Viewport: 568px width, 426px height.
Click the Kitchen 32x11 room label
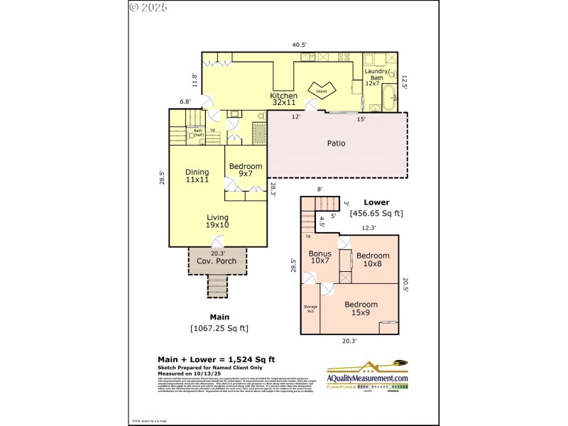click(x=283, y=99)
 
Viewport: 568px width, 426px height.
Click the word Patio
click(x=336, y=143)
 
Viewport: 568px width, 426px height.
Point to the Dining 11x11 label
click(x=197, y=175)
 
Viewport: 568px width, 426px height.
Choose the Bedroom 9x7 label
click(x=246, y=170)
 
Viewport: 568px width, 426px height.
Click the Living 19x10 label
click(x=217, y=222)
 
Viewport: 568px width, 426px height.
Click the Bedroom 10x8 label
click(x=373, y=260)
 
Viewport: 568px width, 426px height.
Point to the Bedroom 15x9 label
click(x=361, y=308)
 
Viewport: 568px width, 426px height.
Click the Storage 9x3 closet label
click(x=311, y=309)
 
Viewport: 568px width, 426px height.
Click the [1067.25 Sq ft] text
click(x=219, y=328)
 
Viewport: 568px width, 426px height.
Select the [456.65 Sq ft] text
click(x=376, y=213)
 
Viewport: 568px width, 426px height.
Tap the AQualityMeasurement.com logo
click(x=368, y=376)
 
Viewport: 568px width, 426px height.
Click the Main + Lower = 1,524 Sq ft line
click(x=216, y=360)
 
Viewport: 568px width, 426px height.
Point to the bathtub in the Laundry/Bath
click(x=390, y=99)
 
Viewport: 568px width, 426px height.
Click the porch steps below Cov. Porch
click(x=218, y=286)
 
